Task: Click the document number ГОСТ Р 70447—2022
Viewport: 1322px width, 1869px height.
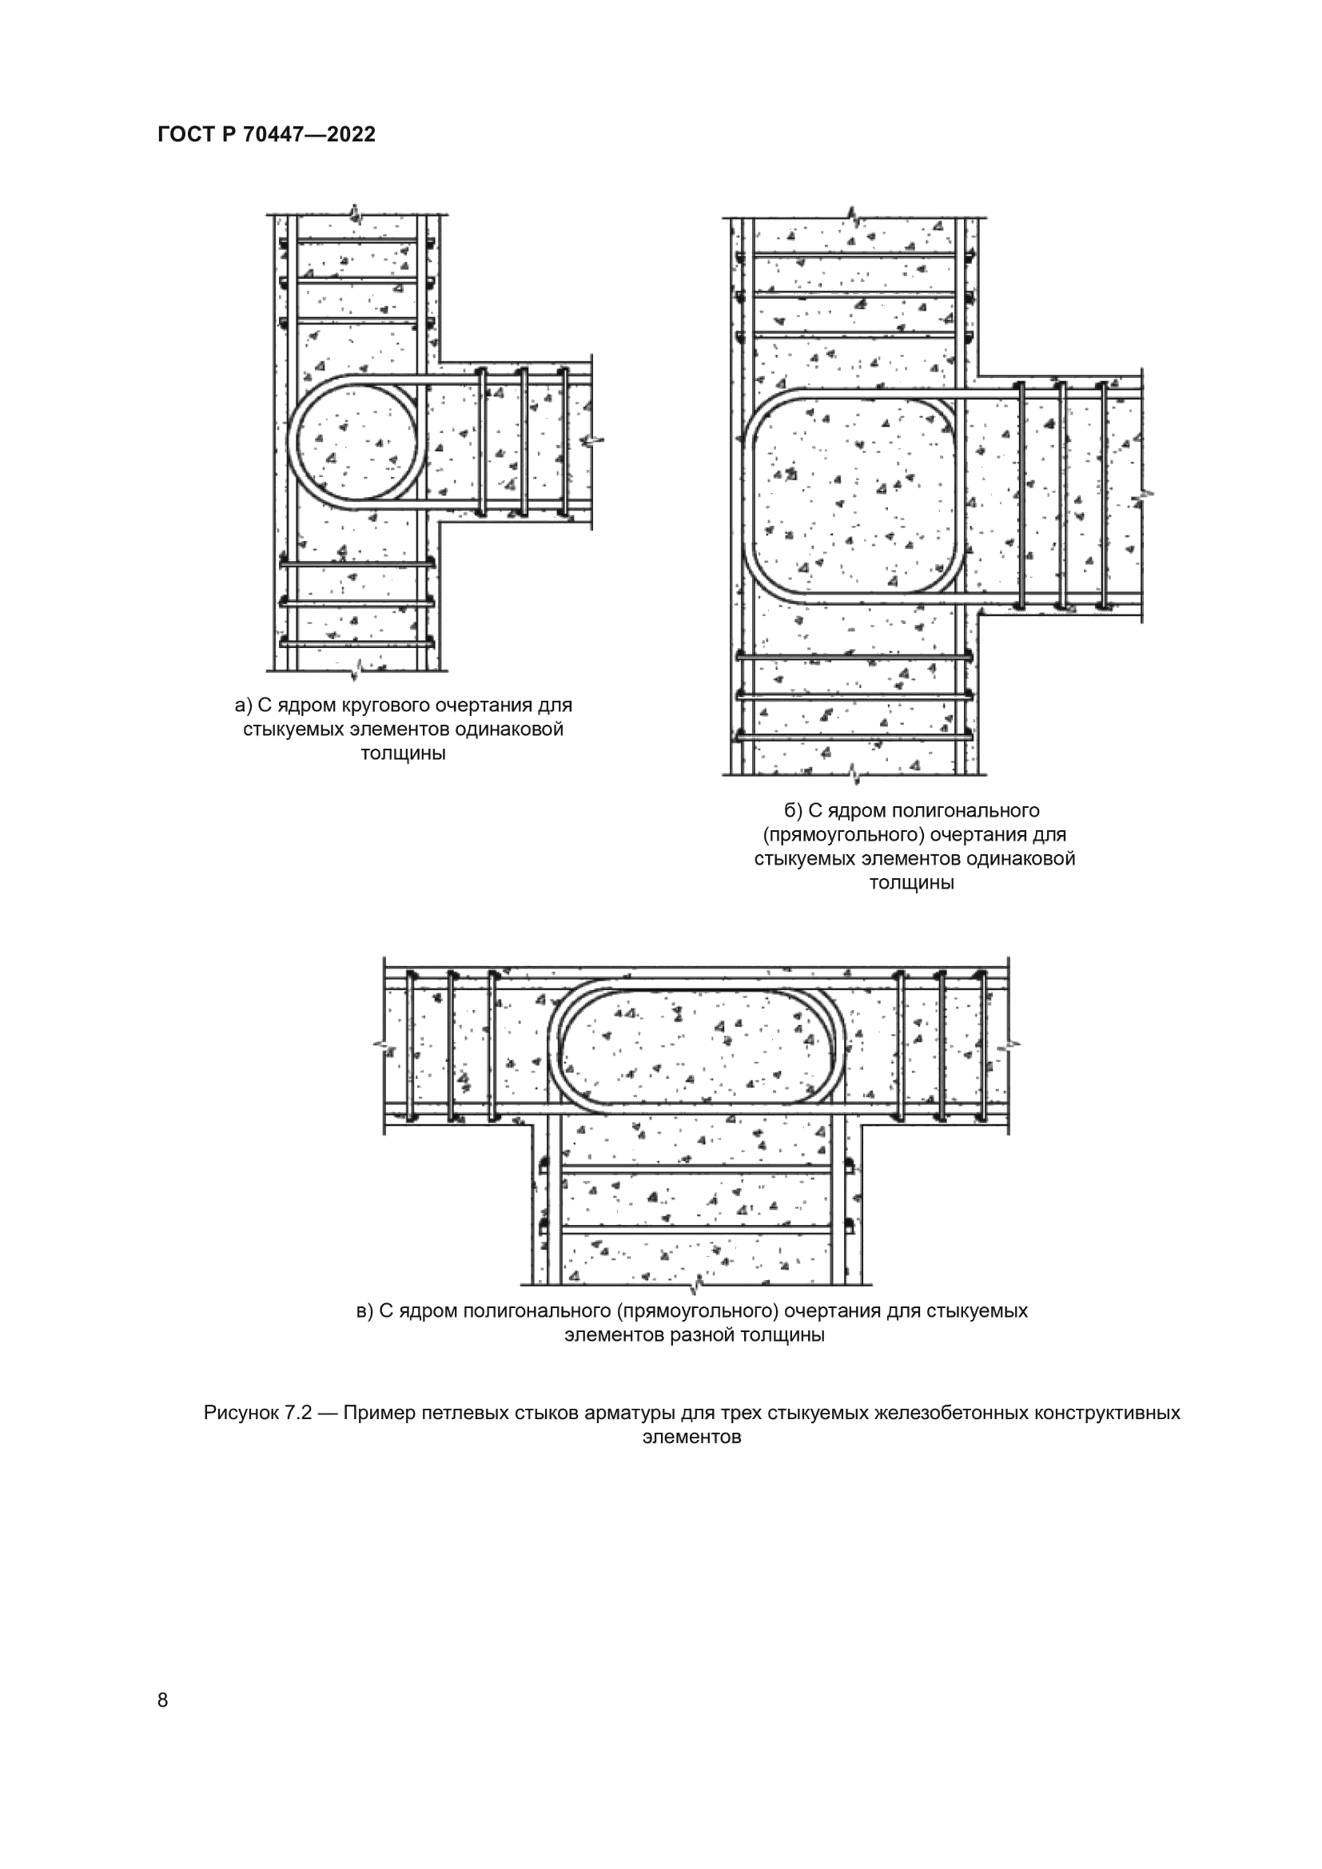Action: tap(267, 135)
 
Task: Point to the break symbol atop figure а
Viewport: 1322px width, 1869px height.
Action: tap(353, 213)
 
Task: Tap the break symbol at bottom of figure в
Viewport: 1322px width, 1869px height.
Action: tap(696, 1286)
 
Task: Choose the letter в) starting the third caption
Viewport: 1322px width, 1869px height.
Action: tap(364, 1310)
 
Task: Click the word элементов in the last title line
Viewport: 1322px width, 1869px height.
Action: tap(691, 1437)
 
